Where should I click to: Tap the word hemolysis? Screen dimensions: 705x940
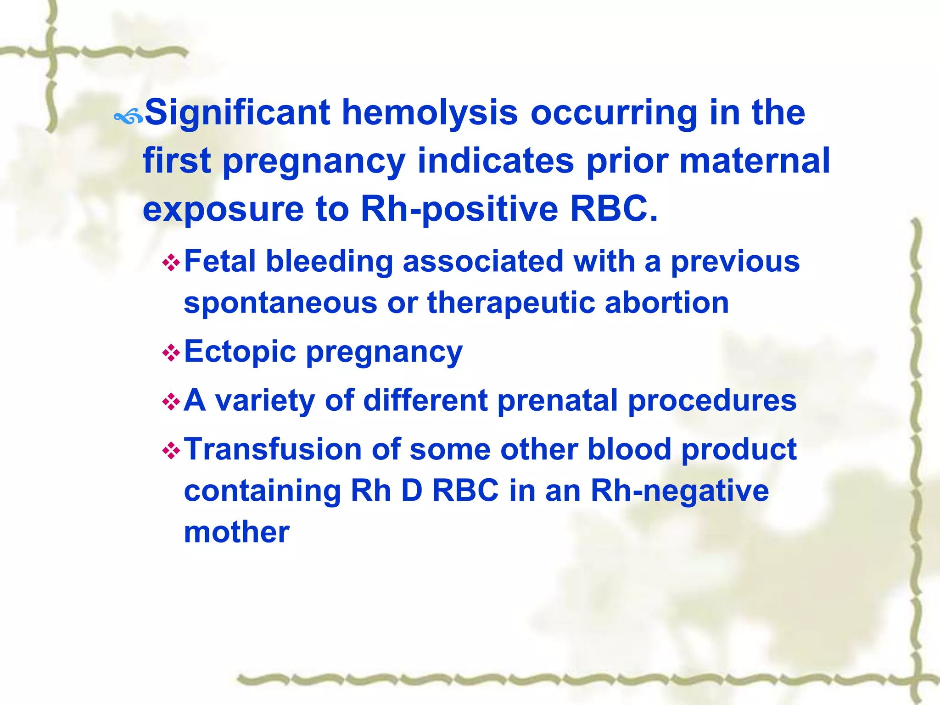[430, 112]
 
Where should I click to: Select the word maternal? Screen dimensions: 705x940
[755, 161]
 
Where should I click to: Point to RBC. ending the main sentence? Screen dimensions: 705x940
[614, 209]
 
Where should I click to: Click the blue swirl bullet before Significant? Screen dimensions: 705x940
[129, 118]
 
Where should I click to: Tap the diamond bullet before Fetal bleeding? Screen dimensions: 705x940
[171, 263]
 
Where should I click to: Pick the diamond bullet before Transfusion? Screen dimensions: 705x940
[171, 451]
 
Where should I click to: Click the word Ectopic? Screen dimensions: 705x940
[240, 352]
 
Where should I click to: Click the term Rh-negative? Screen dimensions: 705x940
[679, 491]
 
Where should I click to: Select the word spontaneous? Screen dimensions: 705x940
[280, 304]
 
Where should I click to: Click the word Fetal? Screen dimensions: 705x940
[219, 261]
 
